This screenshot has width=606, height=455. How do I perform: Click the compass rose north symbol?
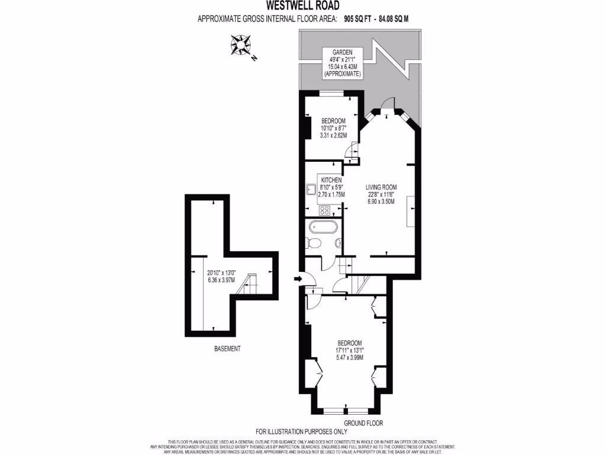(241, 45)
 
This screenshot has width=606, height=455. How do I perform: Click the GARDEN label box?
(342, 63)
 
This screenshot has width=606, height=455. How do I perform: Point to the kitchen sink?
(311, 190)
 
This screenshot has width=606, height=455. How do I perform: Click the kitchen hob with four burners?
(324, 209)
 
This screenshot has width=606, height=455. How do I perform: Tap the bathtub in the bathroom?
(323, 226)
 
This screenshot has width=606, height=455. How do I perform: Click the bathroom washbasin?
(337, 243)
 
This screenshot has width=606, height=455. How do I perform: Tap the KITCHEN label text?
(331, 180)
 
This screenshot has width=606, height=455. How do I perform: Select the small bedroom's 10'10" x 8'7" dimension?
(333, 128)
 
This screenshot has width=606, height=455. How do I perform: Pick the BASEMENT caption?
(227, 349)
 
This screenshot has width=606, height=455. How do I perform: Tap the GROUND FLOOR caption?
(363, 424)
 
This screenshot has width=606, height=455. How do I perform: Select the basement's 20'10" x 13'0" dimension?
(221, 273)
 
